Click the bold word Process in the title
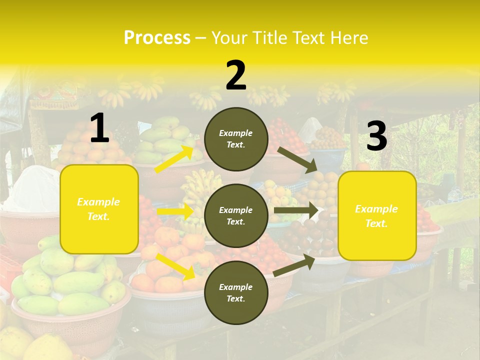coord(157,37)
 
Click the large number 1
coord(99,128)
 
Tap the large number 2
coord(236,75)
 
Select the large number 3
coord(377,136)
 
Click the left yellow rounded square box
coord(99,209)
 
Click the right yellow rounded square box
coord(377,215)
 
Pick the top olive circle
coord(236,139)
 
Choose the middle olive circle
coord(236,215)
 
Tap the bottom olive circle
coord(236,292)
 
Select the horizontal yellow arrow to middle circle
coord(175,211)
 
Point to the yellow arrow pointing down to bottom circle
coord(175,266)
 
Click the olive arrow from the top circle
coord(297,159)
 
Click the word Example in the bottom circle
coord(236,287)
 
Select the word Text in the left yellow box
coord(99,216)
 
